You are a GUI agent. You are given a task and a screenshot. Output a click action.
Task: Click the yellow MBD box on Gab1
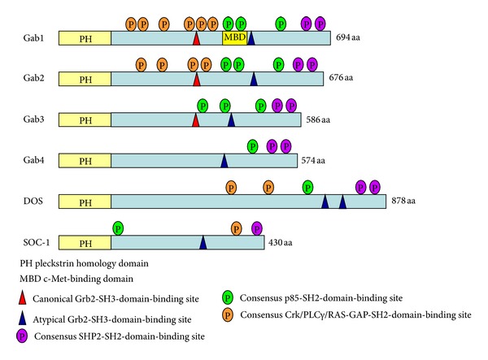point(234,38)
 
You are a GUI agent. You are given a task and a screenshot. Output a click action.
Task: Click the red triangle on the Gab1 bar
point(196,37)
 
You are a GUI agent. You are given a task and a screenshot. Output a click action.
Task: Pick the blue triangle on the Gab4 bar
point(224,160)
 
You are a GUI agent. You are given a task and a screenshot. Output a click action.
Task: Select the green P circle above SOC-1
point(118,227)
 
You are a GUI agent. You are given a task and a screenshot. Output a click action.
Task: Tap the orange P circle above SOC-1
point(237,227)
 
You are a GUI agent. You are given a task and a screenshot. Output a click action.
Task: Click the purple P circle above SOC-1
point(257,227)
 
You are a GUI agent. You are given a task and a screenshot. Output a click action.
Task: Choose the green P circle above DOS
point(307,187)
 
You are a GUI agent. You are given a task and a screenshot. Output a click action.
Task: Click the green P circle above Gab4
point(252,146)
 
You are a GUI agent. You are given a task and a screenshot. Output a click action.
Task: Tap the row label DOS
point(33,201)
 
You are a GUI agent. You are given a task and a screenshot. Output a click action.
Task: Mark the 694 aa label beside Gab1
point(347,38)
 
